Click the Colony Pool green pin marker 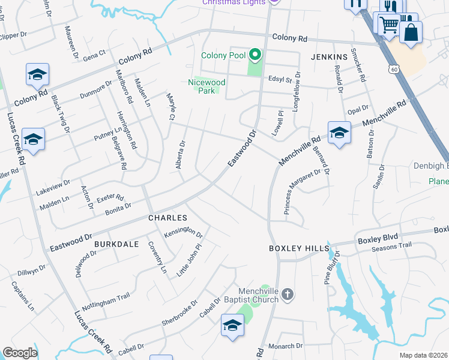point(255,56)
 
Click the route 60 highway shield point(393,69)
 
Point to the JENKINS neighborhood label point(330,57)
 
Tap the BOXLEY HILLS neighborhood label point(299,248)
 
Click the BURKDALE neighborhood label point(116,244)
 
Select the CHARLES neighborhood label point(168,218)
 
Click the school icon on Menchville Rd point(339,133)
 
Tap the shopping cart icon point(388,24)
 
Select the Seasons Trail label point(391,246)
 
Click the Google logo point(20,353)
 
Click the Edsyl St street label point(280,79)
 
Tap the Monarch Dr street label point(285,346)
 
